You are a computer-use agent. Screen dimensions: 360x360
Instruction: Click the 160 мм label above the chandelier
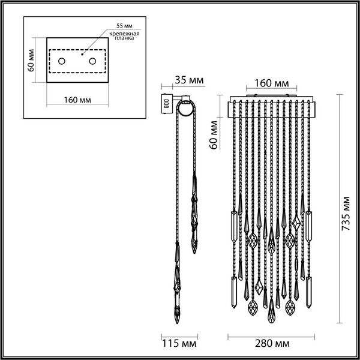tap(274, 82)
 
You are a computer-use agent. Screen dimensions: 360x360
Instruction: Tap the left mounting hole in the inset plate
tap(62, 61)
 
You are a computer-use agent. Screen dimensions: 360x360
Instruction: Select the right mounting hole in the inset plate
tap(92, 61)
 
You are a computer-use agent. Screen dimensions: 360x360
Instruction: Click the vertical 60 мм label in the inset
tap(32, 60)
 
